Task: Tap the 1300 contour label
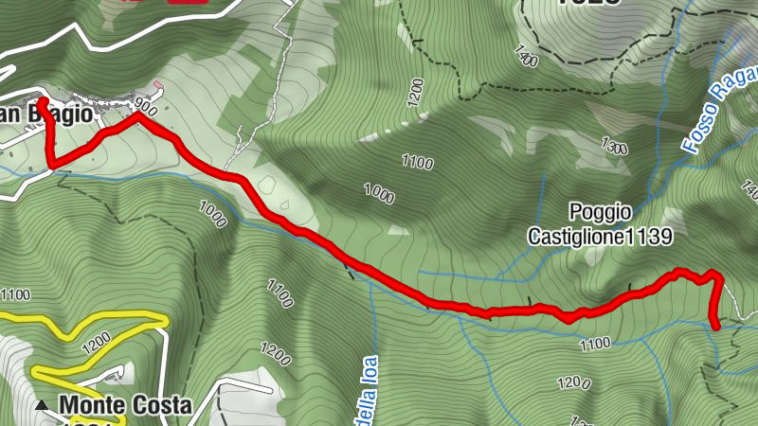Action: [x=615, y=146]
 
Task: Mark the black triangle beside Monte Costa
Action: [x=42, y=406]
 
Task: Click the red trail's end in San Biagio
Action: [x=43, y=101]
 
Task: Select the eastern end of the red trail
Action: [x=716, y=326]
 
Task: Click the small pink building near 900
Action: [x=158, y=93]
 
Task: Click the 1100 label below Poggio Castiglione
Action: [x=594, y=345]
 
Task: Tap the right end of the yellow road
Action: [x=166, y=321]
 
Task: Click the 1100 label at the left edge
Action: [x=17, y=293]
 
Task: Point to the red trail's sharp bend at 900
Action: [x=138, y=117]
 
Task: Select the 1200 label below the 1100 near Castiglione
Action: [x=572, y=383]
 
